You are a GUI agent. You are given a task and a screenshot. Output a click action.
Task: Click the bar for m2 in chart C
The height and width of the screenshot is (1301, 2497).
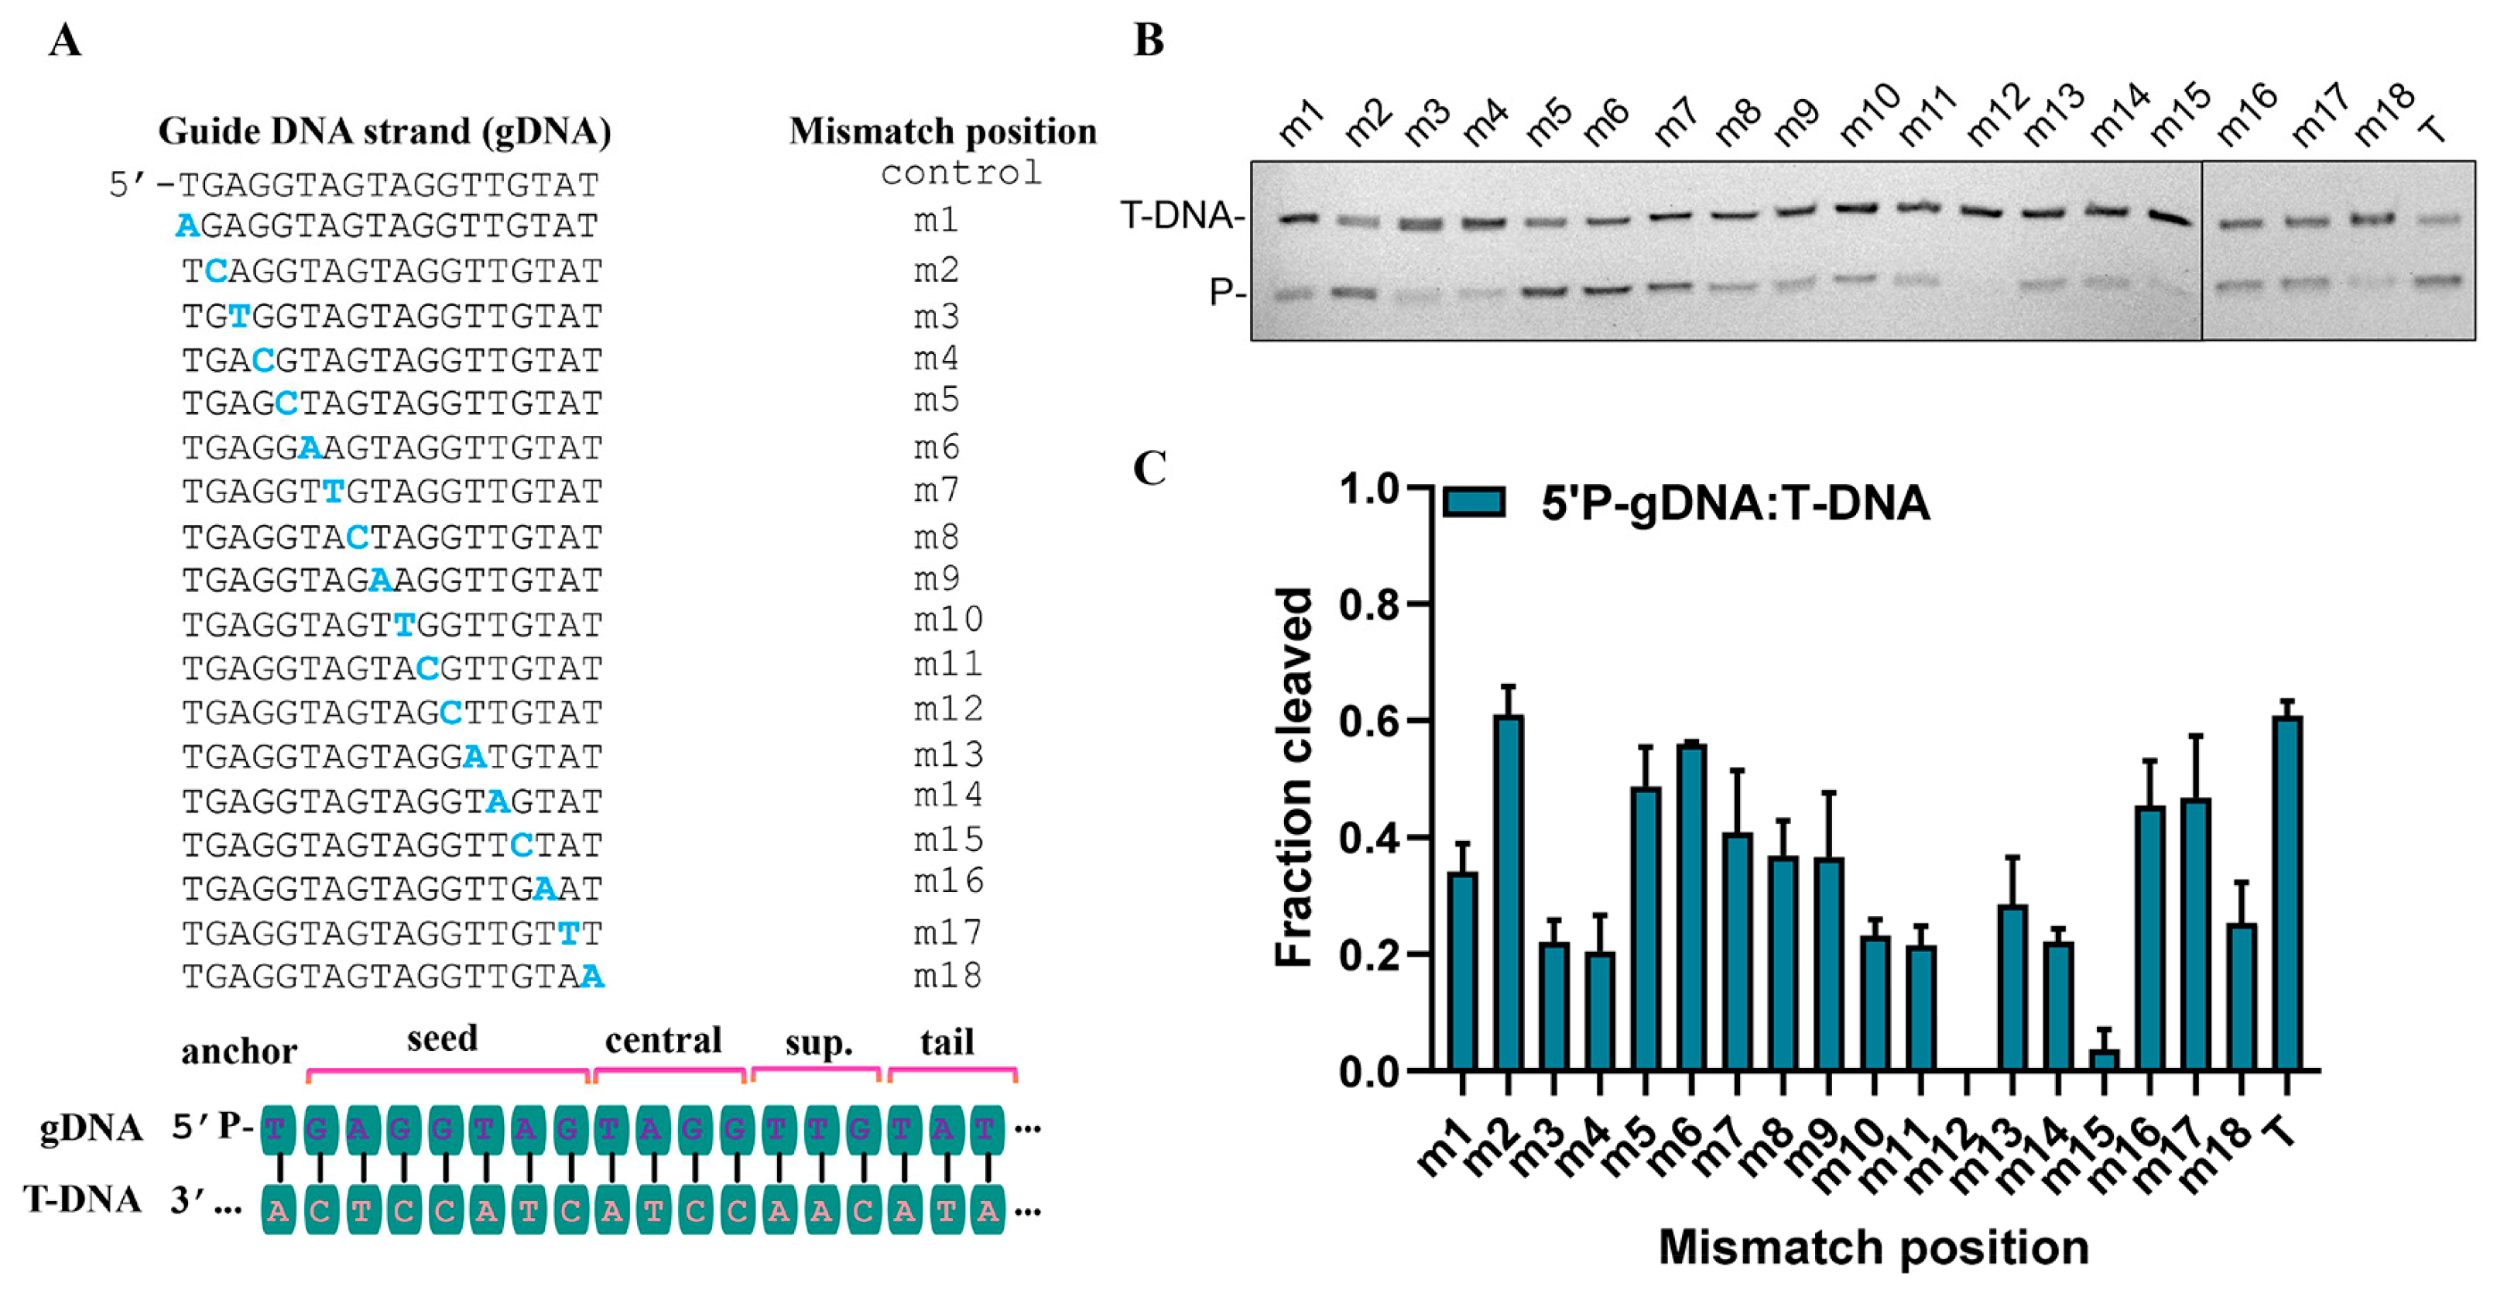1507,892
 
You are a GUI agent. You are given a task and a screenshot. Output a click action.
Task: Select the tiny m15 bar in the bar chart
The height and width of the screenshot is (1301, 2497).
2104,1059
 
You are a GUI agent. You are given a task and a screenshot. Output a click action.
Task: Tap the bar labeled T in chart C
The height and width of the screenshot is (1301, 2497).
2286,892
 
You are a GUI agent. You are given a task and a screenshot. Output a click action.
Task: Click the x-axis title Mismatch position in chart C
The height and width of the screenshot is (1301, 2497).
1873,1247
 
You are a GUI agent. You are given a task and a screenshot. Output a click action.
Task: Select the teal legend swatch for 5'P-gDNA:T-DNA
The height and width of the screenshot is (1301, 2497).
1474,502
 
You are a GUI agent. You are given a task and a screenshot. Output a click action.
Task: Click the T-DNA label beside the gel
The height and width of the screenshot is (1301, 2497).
1180,215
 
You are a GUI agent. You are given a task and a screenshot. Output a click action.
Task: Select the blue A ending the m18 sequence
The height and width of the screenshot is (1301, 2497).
592,977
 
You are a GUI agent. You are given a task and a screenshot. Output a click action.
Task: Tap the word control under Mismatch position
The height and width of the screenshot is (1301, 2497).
960,173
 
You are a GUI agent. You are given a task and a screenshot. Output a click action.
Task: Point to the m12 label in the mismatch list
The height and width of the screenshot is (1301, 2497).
947,709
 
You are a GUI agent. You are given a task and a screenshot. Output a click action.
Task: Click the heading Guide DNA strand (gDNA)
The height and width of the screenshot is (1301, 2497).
384,131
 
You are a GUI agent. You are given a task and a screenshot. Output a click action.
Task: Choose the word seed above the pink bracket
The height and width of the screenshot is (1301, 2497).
442,1038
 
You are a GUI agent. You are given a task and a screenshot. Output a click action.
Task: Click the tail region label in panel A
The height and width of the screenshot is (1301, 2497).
946,1042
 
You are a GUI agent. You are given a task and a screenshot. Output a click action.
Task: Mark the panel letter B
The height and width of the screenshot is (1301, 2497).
1148,41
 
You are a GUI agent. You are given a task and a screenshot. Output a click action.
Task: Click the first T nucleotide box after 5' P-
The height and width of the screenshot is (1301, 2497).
277,1129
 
